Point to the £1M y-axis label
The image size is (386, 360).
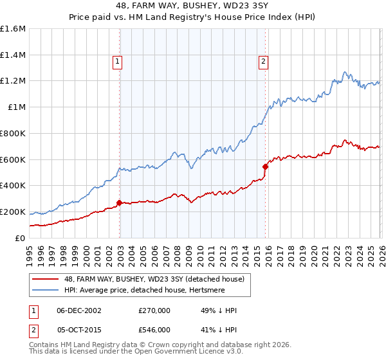[16, 107]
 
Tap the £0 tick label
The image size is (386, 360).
[20, 238]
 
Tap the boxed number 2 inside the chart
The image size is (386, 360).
[264, 62]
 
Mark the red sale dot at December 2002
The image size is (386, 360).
[120, 203]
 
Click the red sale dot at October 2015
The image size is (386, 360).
[265, 166]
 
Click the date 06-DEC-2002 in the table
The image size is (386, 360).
[79, 310]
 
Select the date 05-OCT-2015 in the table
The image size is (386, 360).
[79, 329]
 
